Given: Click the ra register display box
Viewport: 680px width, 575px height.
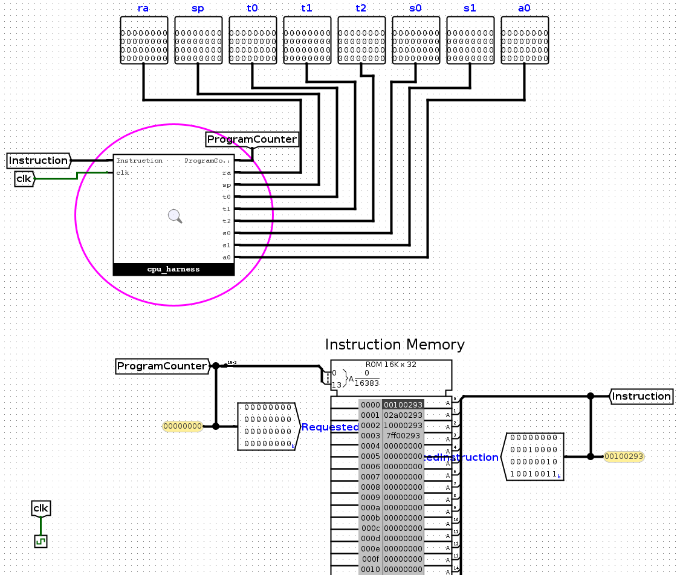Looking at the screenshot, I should pyautogui.click(x=143, y=40).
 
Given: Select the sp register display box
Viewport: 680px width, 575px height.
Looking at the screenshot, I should pyautogui.click(x=198, y=40).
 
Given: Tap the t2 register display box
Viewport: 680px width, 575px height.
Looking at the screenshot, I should pyautogui.click(x=361, y=40).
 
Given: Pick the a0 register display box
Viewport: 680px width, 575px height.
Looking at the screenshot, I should pyautogui.click(x=524, y=40).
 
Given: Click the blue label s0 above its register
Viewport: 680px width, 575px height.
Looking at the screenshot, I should pyautogui.click(x=415, y=8).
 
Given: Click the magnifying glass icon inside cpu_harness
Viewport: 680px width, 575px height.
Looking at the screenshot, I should pyautogui.click(x=175, y=216).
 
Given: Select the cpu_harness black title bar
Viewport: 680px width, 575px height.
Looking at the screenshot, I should pyautogui.click(x=173, y=270).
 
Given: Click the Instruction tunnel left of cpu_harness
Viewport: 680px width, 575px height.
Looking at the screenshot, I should pyautogui.click(x=39, y=160).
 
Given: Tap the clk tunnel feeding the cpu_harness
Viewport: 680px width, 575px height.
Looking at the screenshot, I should pyautogui.click(x=24, y=179).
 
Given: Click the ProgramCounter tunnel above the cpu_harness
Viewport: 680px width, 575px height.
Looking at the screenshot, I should pyautogui.click(x=251, y=140).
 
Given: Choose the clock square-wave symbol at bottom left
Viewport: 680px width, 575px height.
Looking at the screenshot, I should pyautogui.click(x=40, y=541).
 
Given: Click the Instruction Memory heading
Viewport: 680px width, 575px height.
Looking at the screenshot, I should pyautogui.click(x=395, y=345).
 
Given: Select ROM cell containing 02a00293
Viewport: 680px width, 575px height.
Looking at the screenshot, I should pyautogui.click(x=403, y=415).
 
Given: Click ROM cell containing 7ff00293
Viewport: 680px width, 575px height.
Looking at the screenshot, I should pyautogui.click(x=403, y=436).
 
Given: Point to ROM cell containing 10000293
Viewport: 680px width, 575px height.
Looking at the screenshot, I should pyautogui.click(x=403, y=426).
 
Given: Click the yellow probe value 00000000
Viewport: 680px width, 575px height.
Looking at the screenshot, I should pyautogui.click(x=182, y=426).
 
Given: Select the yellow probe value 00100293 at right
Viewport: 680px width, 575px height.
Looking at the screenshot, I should pyautogui.click(x=624, y=456).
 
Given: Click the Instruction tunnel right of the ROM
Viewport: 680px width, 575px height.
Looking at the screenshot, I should pyautogui.click(x=641, y=396).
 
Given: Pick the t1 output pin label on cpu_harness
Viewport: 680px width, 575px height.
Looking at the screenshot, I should pyautogui.click(x=227, y=209).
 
